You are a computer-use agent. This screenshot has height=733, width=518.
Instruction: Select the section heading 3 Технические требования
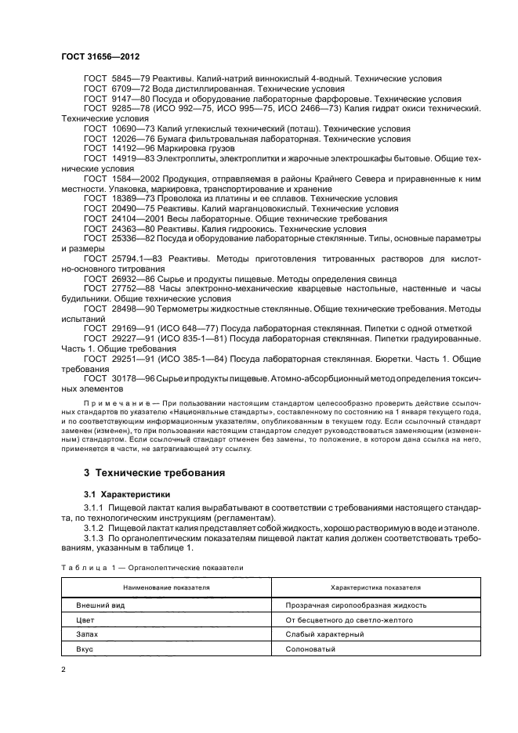(x=154, y=473)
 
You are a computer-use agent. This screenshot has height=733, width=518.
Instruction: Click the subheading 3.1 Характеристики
(x=129, y=495)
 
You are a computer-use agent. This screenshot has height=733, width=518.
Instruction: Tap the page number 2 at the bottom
(x=63, y=670)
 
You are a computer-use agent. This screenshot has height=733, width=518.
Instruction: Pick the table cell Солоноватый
(x=312, y=649)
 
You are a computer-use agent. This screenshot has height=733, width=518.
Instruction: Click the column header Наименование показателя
(x=163, y=587)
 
